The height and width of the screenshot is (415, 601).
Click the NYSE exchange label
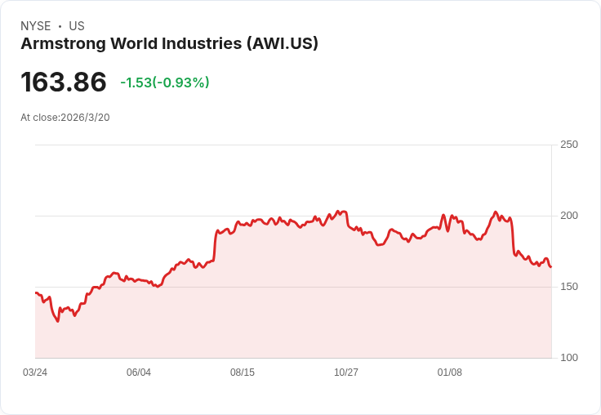pyautogui.click(x=35, y=26)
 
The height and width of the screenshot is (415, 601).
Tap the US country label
pyautogui.click(x=77, y=26)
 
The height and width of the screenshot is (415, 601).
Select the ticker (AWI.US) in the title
pyautogui.click(x=282, y=43)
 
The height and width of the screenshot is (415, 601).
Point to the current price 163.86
pyautogui.click(x=64, y=82)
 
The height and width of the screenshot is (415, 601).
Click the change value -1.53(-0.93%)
pyautogui.click(x=165, y=83)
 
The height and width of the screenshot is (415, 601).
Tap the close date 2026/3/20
pyautogui.click(x=85, y=118)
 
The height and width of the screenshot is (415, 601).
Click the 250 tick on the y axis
pyautogui.click(x=569, y=145)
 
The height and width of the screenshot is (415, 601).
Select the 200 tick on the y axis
pyautogui.click(x=569, y=216)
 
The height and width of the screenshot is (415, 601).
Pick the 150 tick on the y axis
pyautogui.click(x=569, y=287)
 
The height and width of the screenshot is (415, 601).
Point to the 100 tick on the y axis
pyautogui.click(x=569, y=358)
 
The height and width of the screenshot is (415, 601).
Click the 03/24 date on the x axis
pyautogui.click(x=35, y=373)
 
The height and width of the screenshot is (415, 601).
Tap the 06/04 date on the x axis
pyautogui.click(x=139, y=373)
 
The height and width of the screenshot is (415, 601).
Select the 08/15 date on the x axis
pyautogui.click(x=243, y=373)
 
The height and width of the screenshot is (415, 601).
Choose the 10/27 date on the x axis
pyautogui.click(x=346, y=373)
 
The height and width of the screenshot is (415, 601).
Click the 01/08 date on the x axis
pyautogui.click(x=450, y=373)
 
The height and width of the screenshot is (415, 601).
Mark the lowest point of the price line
pyautogui.click(x=58, y=321)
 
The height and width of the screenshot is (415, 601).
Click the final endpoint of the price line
pyautogui.click(x=551, y=267)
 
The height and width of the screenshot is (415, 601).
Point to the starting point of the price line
pyautogui.click(x=35, y=292)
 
